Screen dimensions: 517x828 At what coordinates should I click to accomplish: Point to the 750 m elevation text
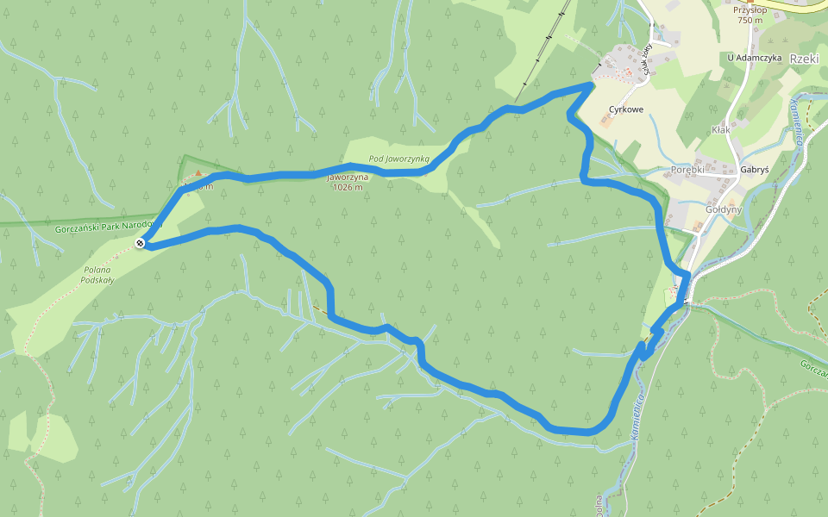(x=750, y=21)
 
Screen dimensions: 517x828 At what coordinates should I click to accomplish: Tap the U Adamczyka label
(x=754, y=58)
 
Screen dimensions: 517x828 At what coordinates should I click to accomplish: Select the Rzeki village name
(x=804, y=59)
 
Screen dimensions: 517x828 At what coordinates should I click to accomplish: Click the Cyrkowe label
(x=626, y=109)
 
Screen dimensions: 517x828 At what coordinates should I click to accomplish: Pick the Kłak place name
(x=721, y=129)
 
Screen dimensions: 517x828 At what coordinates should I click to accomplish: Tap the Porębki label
(x=687, y=170)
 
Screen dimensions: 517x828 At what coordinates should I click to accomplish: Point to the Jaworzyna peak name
(x=348, y=177)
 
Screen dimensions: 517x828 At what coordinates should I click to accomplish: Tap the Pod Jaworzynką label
(x=398, y=159)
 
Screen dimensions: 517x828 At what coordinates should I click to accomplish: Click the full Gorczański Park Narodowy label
(x=108, y=227)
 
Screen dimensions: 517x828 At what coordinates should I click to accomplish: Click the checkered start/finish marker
(x=141, y=246)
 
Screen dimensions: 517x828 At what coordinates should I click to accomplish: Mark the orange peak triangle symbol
(x=198, y=173)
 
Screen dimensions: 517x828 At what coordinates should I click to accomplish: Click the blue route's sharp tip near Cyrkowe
(x=591, y=84)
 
